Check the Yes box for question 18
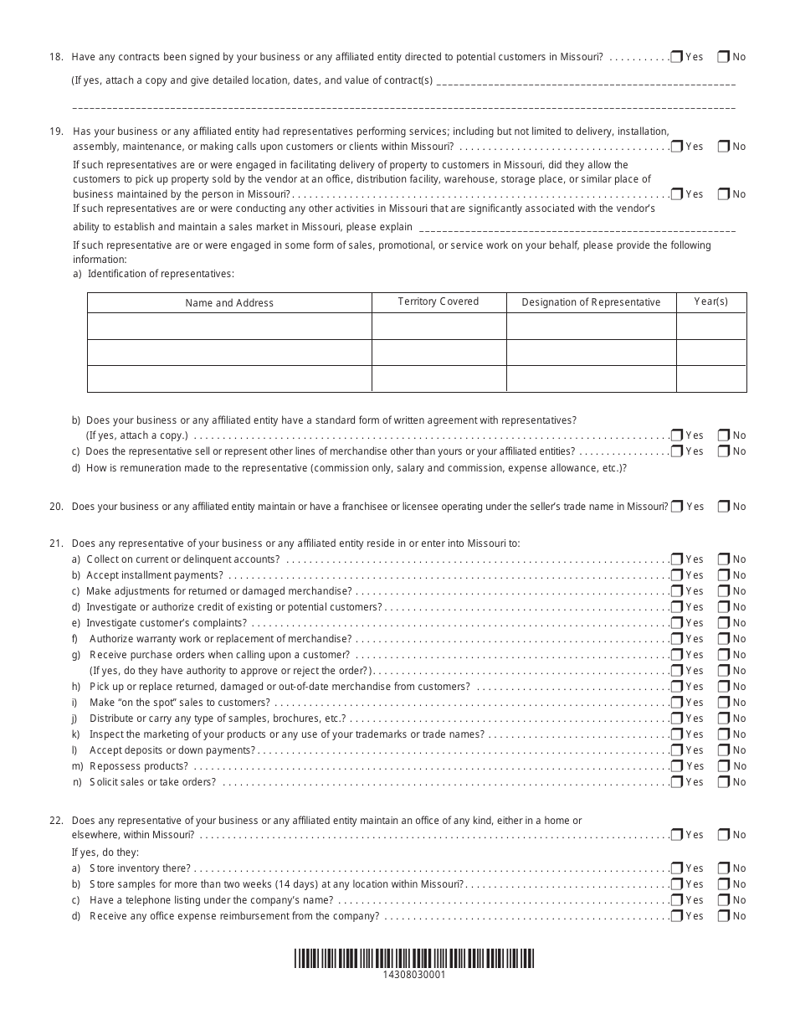[676, 57]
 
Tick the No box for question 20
[723, 507]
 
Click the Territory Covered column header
[439, 301]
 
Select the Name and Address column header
[229, 303]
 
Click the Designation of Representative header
[591, 302]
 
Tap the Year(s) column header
[711, 301]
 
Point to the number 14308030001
[413, 975]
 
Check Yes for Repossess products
[676, 766]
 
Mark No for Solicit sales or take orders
[723, 782]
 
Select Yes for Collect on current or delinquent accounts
[676, 559]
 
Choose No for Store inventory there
[723, 868]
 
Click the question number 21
[56, 543]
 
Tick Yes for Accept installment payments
[676, 575]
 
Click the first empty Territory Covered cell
[439, 326]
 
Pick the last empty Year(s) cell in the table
[711, 379]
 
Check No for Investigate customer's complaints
[723, 623]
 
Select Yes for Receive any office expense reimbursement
[676, 916]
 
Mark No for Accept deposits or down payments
[723, 750]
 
